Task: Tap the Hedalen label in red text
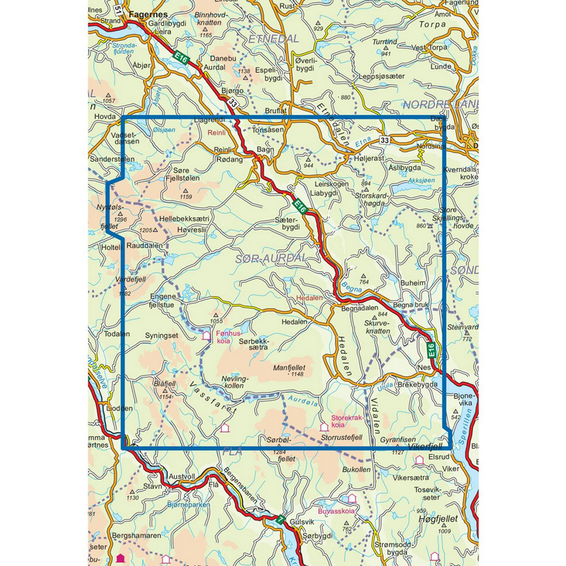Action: [x=309, y=297]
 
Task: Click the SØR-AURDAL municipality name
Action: [x=268, y=252]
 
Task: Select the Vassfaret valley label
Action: [x=201, y=390]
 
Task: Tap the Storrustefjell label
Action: [x=342, y=438]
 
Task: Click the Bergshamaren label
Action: [x=135, y=535]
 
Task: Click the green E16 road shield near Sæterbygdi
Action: [x=301, y=206]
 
